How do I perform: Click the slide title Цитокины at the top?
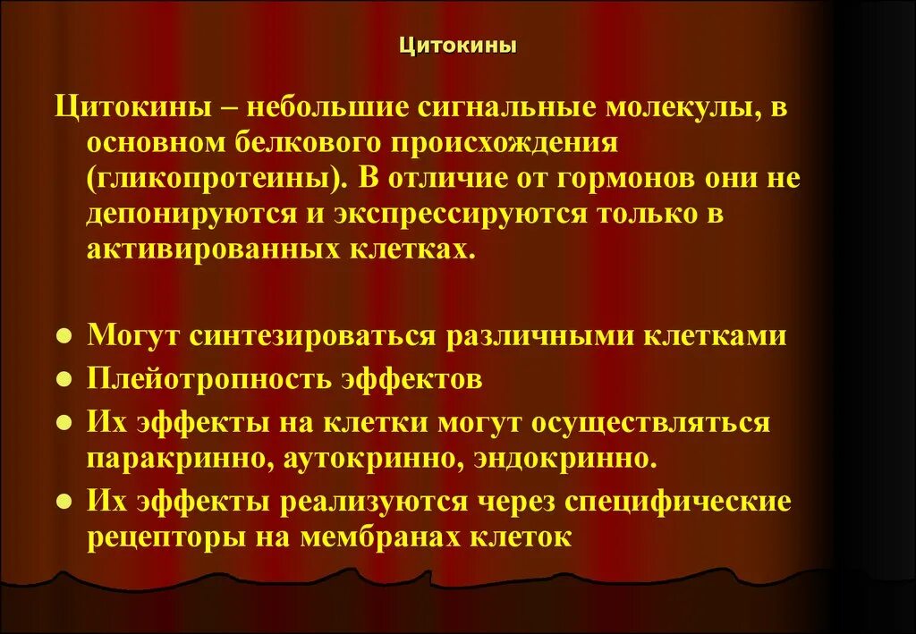coord(457,44)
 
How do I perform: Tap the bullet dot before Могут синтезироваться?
coord(64,337)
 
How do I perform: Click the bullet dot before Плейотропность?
coord(64,380)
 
